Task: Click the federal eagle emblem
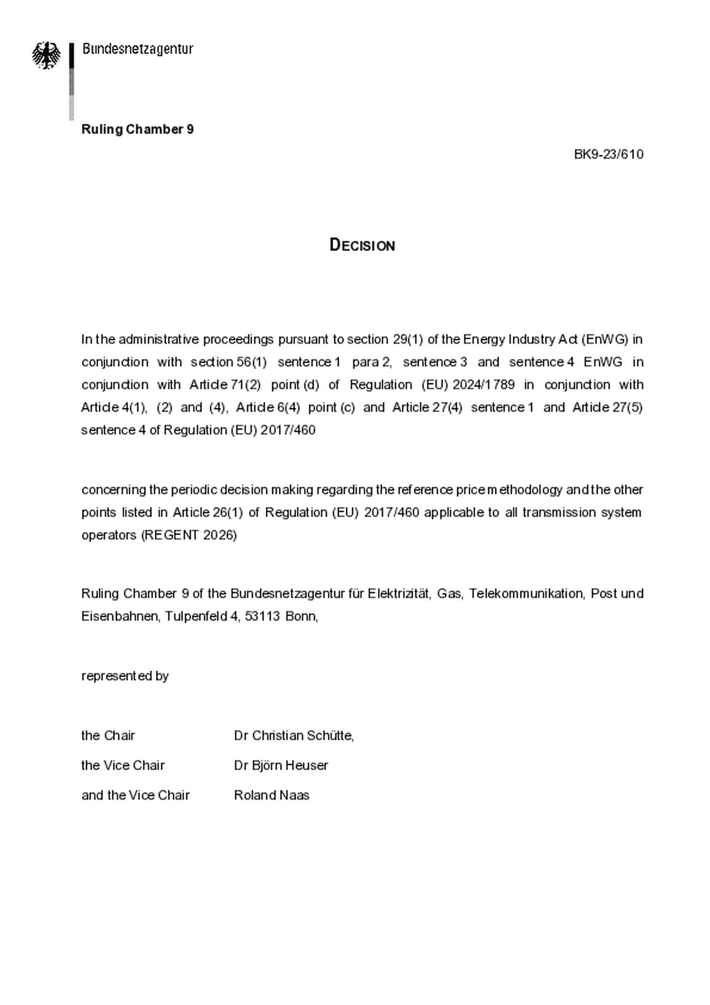tap(46, 55)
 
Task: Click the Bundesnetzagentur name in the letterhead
tap(138, 49)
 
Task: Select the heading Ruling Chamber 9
tap(138, 129)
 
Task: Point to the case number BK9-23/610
tap(608, 154)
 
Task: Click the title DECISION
tap(362, 245)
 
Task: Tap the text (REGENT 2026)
tap(189, 535)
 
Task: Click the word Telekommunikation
tap(526, 593)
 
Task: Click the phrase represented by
tap(125, 676)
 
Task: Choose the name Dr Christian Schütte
tap(293, 735)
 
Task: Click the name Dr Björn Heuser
tap(281, 765)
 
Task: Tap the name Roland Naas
tap(272, 795)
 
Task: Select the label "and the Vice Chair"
tap(136, 795)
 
